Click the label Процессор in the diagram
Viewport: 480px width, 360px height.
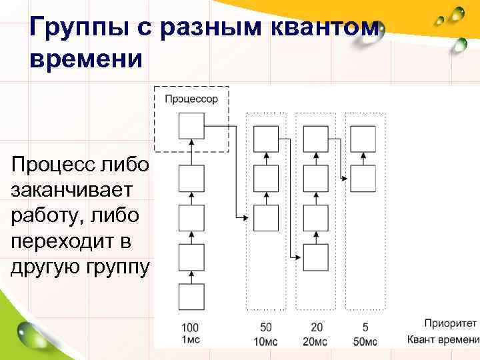(191, 99)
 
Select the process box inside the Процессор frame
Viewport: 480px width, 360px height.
(191, 125)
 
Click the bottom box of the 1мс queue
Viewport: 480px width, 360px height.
(191, 295)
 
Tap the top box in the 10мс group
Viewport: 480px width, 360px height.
(266, 138)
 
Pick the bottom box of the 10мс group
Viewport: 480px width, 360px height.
(266, 217)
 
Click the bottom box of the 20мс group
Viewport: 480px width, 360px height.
(315, 256)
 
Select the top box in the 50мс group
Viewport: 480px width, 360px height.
(363, 138)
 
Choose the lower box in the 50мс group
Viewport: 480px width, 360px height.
(363, 177)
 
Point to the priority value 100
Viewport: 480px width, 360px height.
(190, 329)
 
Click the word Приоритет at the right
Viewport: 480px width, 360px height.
(441, 324)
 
